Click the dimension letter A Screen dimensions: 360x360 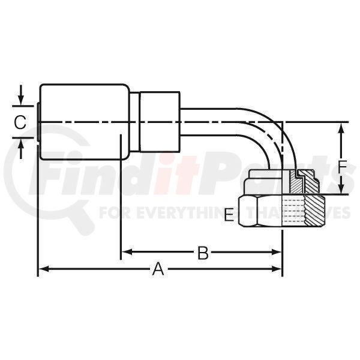(158, 269)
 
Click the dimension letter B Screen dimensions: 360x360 (203, 253)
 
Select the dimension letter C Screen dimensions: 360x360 (20, 122)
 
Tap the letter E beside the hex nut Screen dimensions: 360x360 (229, 215)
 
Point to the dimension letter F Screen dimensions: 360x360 (343, 167)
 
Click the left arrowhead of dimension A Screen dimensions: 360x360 (44, 269)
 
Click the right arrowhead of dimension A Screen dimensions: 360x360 (277, 269)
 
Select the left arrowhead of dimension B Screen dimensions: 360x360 (127, 252)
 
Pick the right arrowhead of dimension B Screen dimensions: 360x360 (277, 252)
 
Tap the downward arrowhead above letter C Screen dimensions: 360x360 (21, 99)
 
